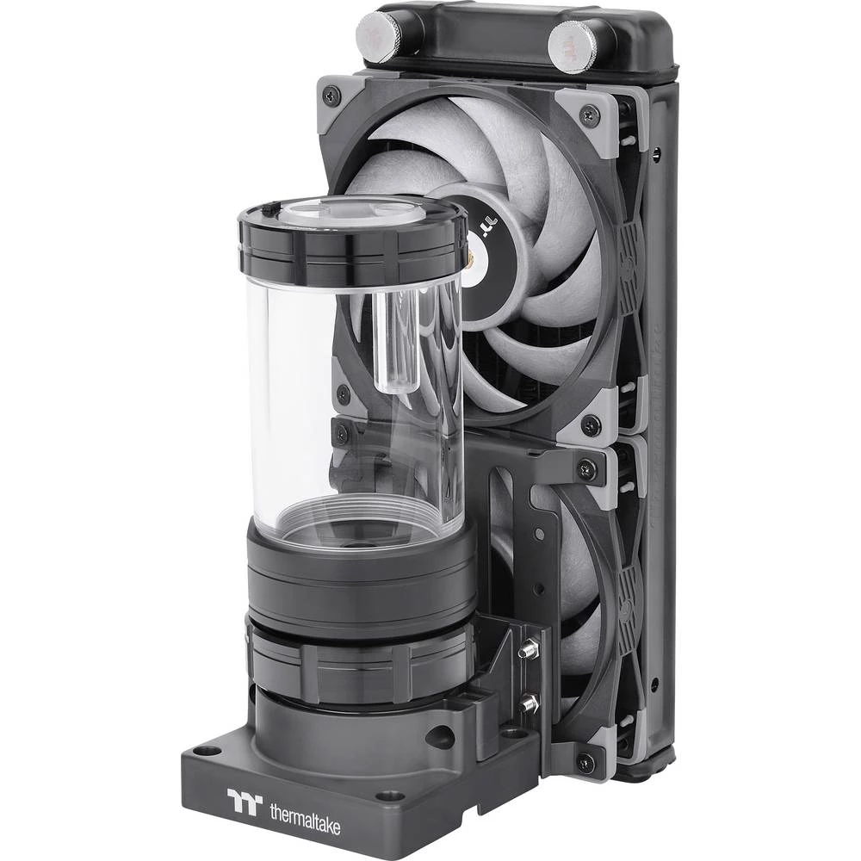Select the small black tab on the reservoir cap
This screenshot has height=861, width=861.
point(269,209)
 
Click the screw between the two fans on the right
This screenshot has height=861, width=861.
point(591,423)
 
